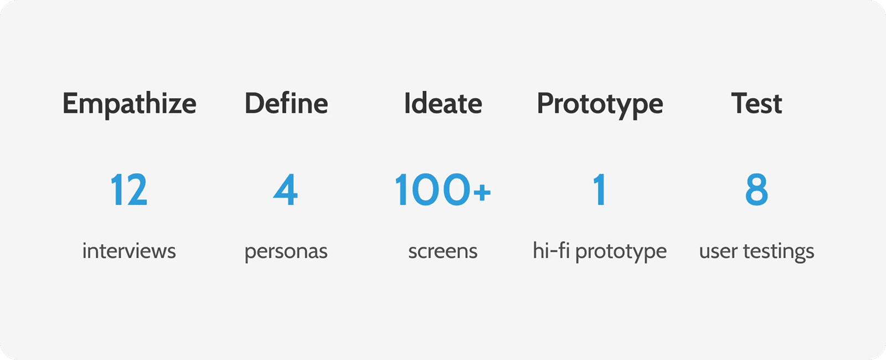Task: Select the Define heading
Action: click(286, 103)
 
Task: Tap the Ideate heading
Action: click(443, 103)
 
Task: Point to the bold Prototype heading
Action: click(600, 105)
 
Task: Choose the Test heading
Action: click(756, 104)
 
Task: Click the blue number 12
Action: click(129, 190)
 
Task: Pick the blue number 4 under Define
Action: click(285, 190)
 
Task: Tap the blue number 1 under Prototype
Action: click(600, 190)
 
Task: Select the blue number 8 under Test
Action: click(756, 190)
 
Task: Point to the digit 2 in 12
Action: click(137, 190)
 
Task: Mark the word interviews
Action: click(129, 251)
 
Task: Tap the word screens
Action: click(443, 252)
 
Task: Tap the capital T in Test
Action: click(739, 104)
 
